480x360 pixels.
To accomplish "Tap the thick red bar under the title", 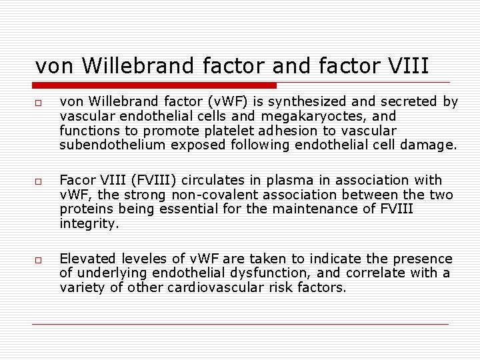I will pos(155,85).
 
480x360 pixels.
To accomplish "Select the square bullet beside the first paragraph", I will pos(40,103).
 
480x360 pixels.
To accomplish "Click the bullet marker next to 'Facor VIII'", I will pos(40,181).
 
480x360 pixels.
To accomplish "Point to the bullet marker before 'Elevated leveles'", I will pos(40,260).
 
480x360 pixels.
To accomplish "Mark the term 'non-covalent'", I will pos(212,195).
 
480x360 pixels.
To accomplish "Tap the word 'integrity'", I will pos(89,223).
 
